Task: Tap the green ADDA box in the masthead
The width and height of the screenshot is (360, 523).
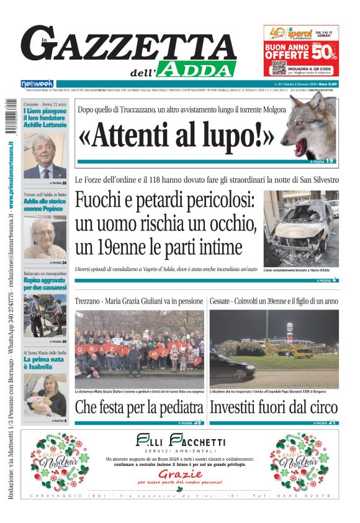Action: point(196,68)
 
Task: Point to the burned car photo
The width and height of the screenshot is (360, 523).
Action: point(301,228)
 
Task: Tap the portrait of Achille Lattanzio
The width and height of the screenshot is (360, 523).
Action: point(45,156)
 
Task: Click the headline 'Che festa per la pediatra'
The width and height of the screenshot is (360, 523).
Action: point(139,408)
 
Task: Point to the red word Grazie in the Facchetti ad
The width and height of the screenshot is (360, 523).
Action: point(176,472)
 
